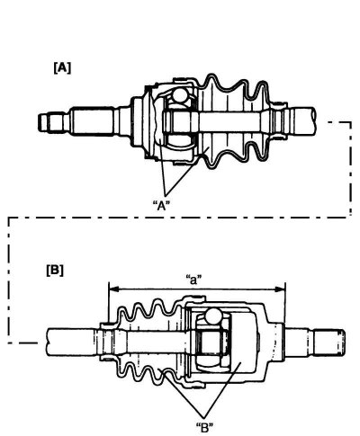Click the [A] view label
(x=62, y=68)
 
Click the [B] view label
(x=55, y=271)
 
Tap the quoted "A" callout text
(x=161, y=206)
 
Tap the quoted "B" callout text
(x=204, y=428)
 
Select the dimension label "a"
(x=193, y=280)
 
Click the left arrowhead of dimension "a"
(x=113, y=289)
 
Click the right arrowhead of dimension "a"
(x=280, y=289)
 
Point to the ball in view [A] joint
(x=180, y=95)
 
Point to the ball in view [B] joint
(x=212, y=316)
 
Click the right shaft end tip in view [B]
(x=330, y=343)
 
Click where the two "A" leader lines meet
(x=166, y=194)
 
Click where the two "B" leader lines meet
(x=204, y=417)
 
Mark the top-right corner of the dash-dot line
(x=350, y=122)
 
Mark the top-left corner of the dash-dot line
(x=9, y=218)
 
